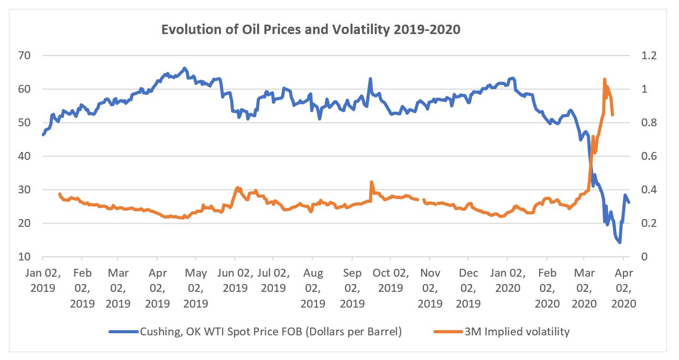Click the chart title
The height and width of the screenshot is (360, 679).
[311, 29]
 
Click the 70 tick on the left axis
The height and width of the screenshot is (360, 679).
[25, 56]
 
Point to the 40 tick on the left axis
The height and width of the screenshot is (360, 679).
[25, 156]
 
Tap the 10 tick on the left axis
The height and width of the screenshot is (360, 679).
[25, 257]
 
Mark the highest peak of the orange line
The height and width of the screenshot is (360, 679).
[605, 80]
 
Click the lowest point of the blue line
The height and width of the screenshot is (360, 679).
[620, 243]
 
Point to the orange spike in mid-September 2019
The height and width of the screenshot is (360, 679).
[371, 182]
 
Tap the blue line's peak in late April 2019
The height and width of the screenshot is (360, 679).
[184, 68]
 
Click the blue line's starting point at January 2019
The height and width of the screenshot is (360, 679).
[43, 135]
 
